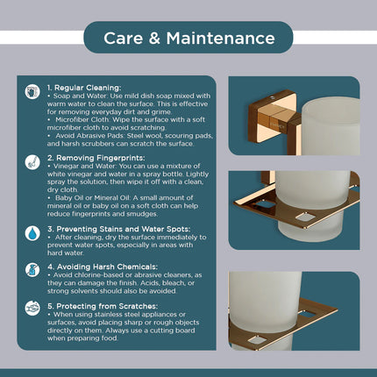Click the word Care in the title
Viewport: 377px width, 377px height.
[x=125, y=38]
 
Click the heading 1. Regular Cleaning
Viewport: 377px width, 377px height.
[x=80, y=89]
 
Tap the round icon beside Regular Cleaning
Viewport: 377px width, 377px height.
[x=32, y=90]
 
